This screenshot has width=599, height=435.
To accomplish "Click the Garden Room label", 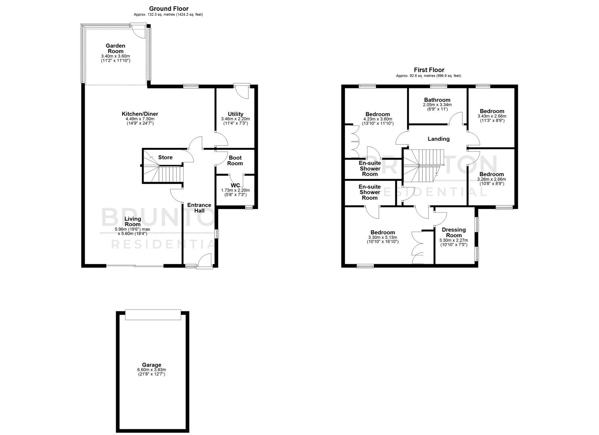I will coord(115,48).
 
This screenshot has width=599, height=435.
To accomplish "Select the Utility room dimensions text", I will coord(235,119).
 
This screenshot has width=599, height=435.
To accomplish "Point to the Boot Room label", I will coord(235,160).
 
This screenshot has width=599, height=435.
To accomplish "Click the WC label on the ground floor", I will coord(235,185).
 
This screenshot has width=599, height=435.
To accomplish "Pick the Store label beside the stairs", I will coord(165,157).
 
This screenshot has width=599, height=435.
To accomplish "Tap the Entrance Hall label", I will coord(199,207).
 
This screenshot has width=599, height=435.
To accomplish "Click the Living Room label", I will coord(133,222).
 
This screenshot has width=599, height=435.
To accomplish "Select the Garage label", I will coord(152,365).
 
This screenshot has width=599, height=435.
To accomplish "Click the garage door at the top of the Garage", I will coord(153,315).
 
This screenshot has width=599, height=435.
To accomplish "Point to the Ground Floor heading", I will coord(169,8).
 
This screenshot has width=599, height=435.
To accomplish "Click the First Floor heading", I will coord(429,70).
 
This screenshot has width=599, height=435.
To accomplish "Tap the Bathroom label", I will coord(437,100).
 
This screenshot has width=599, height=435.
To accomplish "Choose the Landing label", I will coord(438,139).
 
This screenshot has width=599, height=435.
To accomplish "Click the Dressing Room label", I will coord(454,232).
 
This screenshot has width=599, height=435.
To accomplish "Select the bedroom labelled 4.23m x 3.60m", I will coord(378,119).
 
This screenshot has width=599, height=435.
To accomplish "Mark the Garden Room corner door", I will coord(138,31).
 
